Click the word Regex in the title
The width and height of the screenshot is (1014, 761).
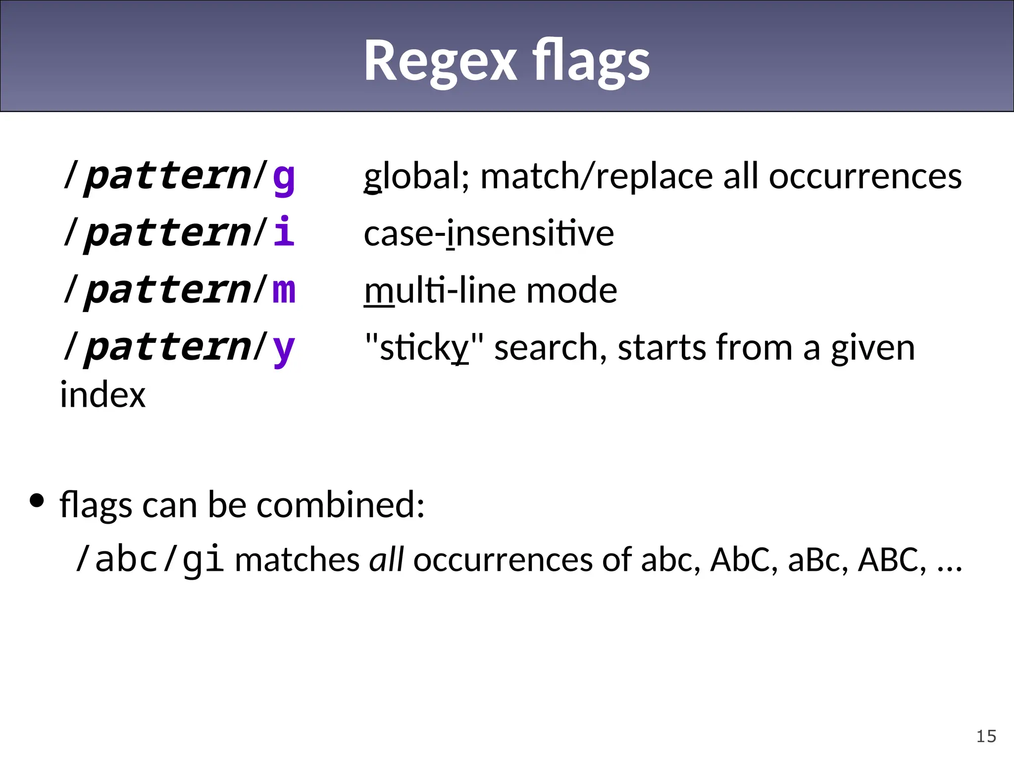point(441,61)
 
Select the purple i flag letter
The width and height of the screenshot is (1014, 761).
point(284,232)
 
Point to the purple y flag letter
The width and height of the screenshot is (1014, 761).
point(284,348)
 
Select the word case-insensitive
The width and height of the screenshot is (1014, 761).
point(489,233)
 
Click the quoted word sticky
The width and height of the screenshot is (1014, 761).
point(424,348)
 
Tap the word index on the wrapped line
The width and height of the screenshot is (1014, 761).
point(103,395)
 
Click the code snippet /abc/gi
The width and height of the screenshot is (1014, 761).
point(150,559)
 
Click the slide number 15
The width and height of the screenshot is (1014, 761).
point(986,736)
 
